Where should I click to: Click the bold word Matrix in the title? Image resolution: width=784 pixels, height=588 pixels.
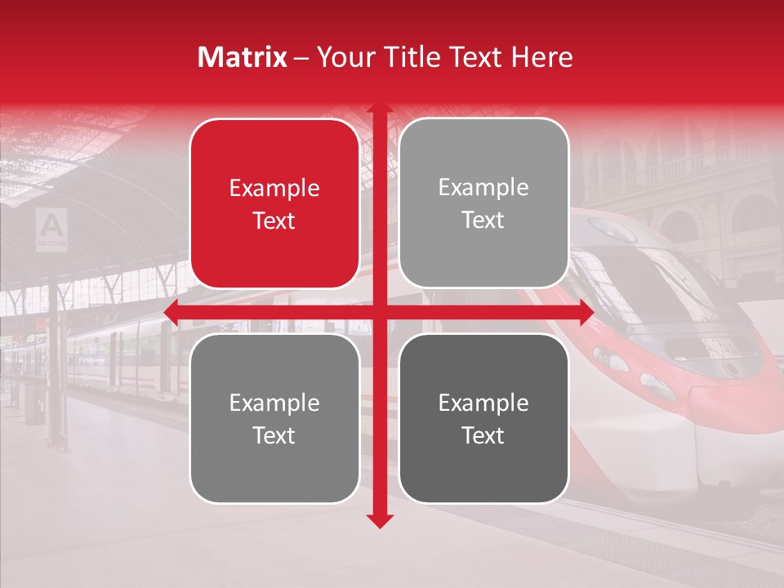click(243, 57)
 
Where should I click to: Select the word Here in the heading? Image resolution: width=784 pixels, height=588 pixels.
click(541, 57)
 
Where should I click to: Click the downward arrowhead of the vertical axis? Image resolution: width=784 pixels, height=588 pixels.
click(380, 520)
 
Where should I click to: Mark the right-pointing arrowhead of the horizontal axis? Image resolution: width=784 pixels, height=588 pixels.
click(586, 312)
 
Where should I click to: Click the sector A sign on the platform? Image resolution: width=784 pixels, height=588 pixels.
click(51, 228)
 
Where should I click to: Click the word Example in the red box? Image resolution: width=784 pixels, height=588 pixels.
click(274, 189)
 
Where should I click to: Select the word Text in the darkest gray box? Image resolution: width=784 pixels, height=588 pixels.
click(483, 435)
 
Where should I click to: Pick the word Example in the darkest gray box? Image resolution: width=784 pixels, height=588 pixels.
click(483, 403)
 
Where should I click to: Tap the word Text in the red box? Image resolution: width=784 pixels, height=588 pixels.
click(274, 221)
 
